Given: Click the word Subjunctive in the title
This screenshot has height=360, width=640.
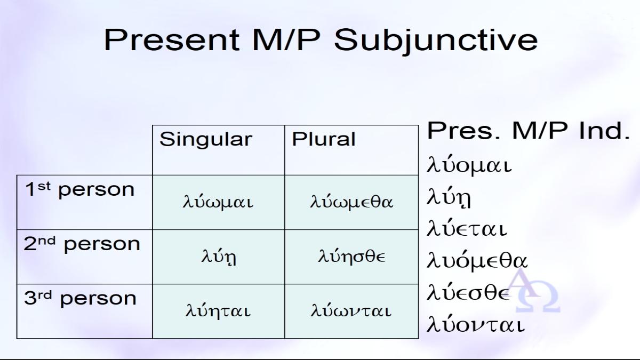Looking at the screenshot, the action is (x=436, y=41).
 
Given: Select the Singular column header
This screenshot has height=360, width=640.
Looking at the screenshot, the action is (x=206, y=140).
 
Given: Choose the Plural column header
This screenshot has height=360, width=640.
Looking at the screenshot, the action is (x=323, y=139).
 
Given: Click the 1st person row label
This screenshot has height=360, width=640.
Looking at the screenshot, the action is (x=79, y=189).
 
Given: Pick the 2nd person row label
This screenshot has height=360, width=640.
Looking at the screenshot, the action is (x=82, y=244).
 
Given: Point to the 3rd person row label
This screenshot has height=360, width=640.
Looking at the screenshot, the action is (x=80, y=298).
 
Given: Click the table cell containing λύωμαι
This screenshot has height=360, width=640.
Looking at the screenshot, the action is (x=218, y=202).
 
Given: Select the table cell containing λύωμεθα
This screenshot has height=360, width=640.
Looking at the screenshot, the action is (x=351, y=202).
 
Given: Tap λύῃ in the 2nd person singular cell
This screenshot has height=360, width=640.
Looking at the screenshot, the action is (x=219, y=257).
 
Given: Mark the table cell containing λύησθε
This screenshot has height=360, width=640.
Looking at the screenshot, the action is (x=351, y=257).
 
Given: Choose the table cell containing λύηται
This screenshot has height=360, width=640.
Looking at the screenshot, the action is (x=218, y=311).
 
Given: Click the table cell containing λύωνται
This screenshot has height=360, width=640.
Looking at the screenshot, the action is (x=351, y=311).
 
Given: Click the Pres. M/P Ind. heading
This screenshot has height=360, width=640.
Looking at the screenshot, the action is (x=528, y=131).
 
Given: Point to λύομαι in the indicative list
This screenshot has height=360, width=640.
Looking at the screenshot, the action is (x=469, y=165).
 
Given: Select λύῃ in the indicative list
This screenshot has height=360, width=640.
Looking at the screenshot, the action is (x=449, y=197).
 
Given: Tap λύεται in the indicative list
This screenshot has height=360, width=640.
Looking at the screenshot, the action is (x=467, y=229).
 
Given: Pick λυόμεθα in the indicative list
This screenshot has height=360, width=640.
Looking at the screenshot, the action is (x=477, y=261).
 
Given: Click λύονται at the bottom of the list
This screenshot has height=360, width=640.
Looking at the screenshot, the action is (x=476, y=325).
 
